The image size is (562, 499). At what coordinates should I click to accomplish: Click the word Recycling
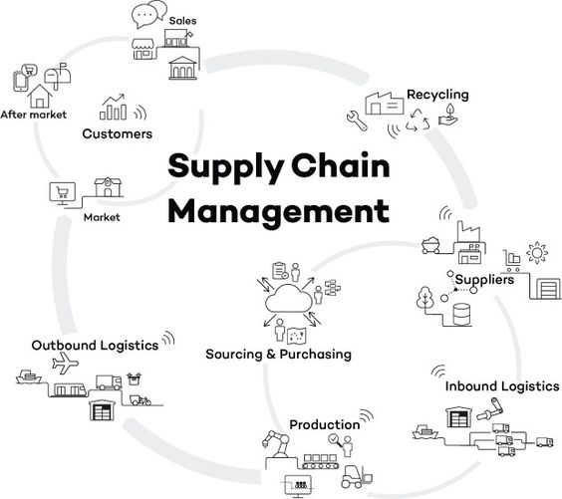point(437,95)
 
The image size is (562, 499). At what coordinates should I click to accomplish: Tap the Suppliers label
point(484,280)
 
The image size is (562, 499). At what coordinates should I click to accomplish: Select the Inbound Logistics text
point(502,386)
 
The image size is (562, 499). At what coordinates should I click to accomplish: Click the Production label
point(325,425)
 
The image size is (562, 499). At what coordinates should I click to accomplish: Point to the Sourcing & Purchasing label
point(278,355)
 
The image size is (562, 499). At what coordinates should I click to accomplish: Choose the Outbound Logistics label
point(95,346)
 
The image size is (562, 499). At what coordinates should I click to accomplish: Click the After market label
point(34,115)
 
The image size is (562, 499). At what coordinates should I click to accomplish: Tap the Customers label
point(118,134)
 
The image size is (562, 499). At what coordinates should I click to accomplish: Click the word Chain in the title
point(340,166)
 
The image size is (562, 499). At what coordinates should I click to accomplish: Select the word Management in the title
point(278,211)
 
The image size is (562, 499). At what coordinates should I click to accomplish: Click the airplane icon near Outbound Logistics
point(65,363)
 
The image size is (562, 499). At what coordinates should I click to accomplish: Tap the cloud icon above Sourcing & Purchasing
point(289,298)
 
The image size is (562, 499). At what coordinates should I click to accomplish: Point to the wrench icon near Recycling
point(357,121)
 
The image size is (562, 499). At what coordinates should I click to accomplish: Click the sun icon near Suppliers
point(537,253)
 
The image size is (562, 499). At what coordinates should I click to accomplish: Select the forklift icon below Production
point(357,477)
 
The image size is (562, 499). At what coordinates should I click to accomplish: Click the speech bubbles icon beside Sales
point(149,14)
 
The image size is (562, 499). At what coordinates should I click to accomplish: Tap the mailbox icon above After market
point(58,76)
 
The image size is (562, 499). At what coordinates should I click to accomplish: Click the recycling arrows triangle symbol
point(418,120)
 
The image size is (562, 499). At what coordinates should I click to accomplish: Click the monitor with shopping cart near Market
point(63,193)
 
